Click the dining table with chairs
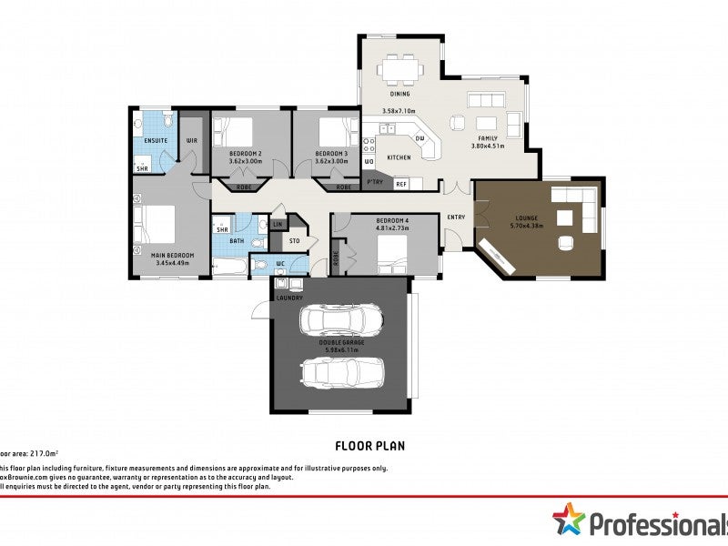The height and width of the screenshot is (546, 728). pyautogui.click(x=401, y=69)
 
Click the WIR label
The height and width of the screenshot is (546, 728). pyautogui.click(x=192, y=141)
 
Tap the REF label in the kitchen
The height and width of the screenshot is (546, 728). pyautogui.click(x=401, y=184)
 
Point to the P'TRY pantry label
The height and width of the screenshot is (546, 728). pyautogui.click(x=374, y=183)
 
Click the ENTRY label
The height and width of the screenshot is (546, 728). pyautogui.click(x=456, y=217)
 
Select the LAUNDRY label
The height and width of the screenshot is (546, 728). pyautogui.click(x=289, y=298)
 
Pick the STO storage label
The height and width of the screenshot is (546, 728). pyautogui.click(x=294, y=241)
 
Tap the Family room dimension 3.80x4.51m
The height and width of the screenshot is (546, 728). pyautogui.click(x=487, y=146)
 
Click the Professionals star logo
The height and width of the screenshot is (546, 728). pyautogui.click(x=569, y=520)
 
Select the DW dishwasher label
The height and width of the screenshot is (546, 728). pyautogui.click(x=420, y=138)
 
